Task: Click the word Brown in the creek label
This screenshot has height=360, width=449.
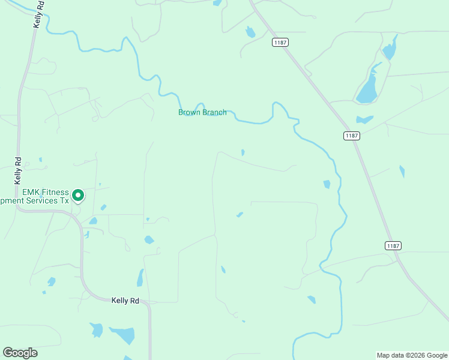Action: click(x=190, y=112)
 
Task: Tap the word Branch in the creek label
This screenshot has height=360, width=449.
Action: click(x=214, y=112)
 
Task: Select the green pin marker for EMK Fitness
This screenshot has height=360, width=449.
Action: click(x=77, y=195)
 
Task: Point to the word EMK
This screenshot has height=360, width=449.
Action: click(x=31, y=192)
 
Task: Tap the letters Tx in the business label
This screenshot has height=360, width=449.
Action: click(x=64, y=201)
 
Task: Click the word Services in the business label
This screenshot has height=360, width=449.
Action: click(x=40, y=201)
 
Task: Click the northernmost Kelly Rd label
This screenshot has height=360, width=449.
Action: click(x=38, y=13)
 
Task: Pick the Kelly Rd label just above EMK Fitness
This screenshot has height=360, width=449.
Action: click(x=18, y=170)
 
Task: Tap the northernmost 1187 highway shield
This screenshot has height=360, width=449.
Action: click(x=280, y=42)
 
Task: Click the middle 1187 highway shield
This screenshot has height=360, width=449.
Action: click(x=352, y=136)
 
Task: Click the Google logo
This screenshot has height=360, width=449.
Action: click(x=20, y=353)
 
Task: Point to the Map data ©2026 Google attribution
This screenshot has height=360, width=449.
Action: click(x=411, y=355)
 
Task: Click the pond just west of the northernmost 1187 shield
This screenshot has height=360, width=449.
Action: click(x=250, y=32)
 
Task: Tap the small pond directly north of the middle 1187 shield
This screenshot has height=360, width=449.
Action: click(x=364, y=119)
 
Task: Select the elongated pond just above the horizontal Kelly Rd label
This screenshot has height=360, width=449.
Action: click(x=140, y=278)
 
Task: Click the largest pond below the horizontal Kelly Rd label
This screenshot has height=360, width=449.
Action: click(x=123, y=335)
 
